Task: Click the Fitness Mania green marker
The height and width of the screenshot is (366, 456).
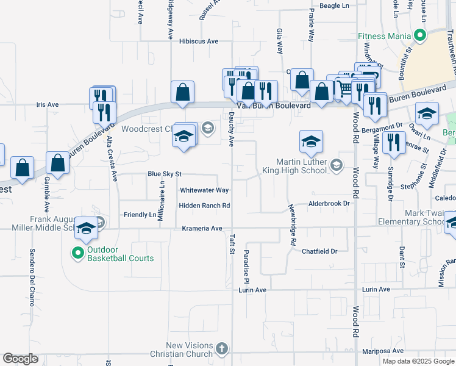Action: (419, 36)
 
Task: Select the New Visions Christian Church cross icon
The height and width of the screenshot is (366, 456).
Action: (221, 349)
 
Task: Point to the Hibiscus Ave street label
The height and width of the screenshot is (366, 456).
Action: (199, 41)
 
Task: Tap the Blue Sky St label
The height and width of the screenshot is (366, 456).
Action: (165, 174)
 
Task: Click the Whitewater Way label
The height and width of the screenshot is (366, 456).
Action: (204, 190)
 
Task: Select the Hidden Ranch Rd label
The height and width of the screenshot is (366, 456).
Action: (204, 206)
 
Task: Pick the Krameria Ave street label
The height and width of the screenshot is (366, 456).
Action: (202, 228)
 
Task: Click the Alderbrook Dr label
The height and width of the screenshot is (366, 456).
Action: (329, 203)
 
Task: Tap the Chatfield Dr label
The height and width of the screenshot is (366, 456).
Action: (319, 251)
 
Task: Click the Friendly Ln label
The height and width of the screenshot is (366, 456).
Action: (140, 215)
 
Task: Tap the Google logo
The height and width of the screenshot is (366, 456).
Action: (20, 359)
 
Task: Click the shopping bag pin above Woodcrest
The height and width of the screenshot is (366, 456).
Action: (182, 93)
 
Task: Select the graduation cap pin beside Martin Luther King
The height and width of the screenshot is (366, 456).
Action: (311, 142)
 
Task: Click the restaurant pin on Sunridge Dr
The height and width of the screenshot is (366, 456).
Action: (394, 143)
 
